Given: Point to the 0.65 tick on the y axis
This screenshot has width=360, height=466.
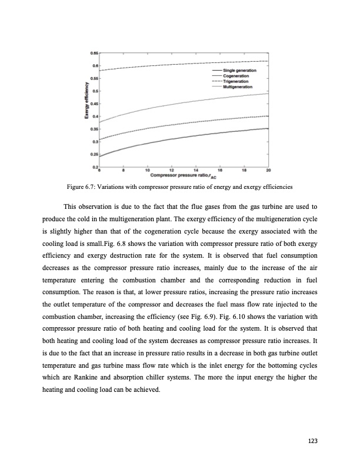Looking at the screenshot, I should click(94, 53).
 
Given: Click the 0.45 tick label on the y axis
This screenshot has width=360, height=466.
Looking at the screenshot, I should click(94, 104).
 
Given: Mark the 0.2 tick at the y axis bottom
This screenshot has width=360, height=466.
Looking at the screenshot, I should click(95, 167).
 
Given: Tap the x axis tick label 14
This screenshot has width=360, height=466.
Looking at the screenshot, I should click(196, 171).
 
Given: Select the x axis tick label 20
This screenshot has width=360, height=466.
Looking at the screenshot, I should click(268, 171).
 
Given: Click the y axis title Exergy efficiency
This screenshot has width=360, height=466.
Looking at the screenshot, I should click(86, 110).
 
